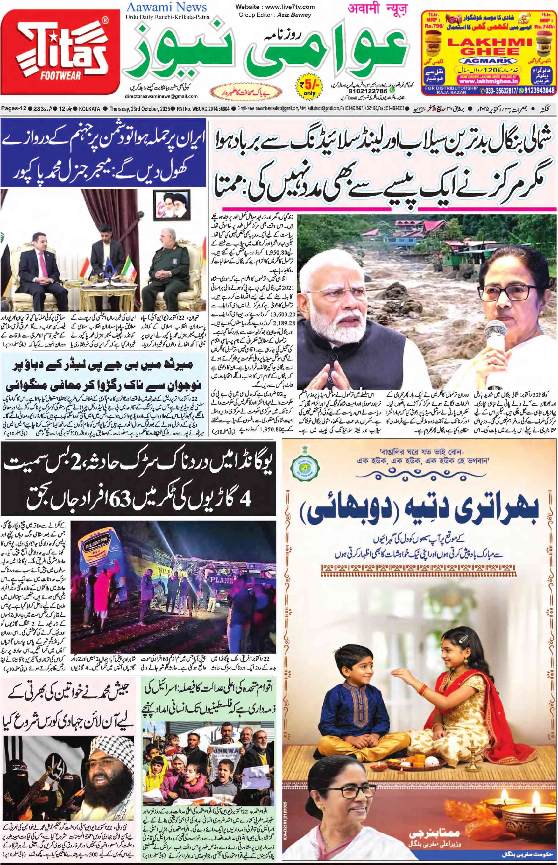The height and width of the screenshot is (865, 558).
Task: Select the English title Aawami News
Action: pos(167,7)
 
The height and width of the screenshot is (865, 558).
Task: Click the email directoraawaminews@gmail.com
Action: pos(161,96)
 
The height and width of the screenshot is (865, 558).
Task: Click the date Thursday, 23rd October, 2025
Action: pos(142,109)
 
